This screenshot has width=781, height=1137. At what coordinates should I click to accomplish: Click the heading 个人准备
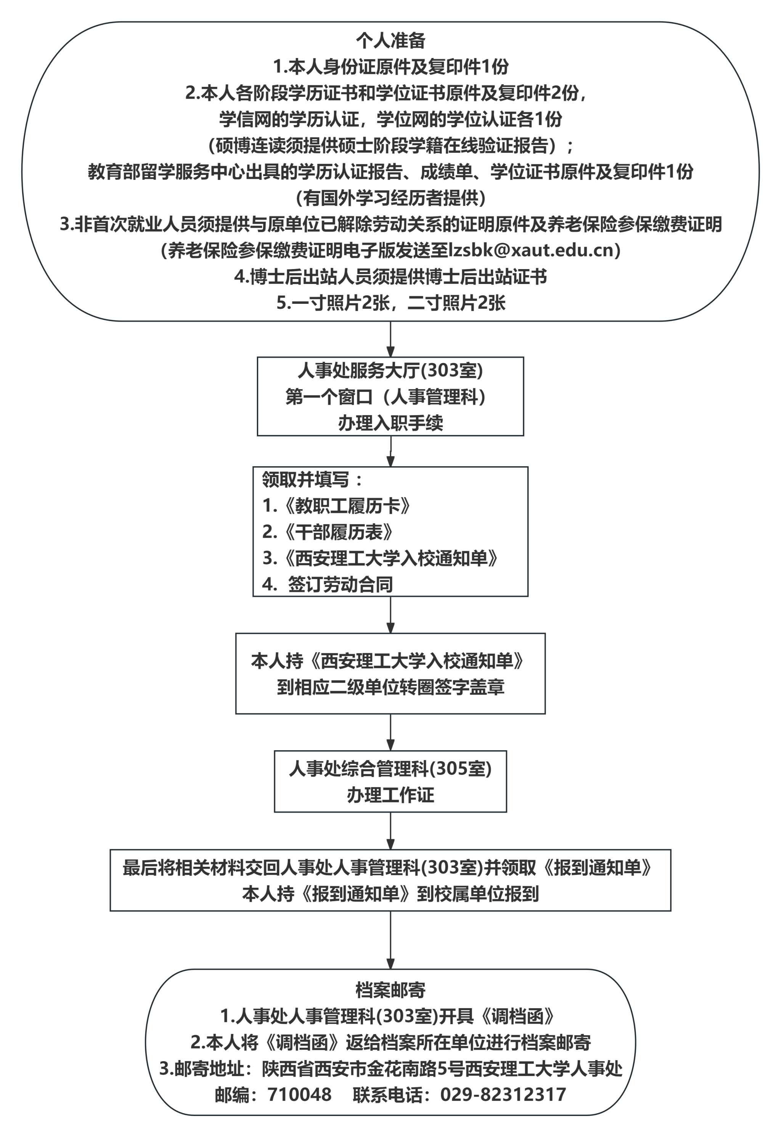[390, 41]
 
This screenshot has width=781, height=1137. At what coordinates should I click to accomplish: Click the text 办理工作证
[390, 795]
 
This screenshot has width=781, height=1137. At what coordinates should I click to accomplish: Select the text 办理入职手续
[390, 423]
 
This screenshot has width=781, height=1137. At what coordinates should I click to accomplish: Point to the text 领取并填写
[306, 480]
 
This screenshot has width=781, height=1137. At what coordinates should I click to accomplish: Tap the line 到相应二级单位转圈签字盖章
[390, 687]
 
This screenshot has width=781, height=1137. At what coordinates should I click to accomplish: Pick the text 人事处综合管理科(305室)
[390, 769]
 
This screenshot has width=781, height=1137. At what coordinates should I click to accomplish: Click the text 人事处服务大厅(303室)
[390, 370]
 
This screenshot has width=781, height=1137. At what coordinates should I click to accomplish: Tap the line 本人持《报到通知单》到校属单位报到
[390, 894]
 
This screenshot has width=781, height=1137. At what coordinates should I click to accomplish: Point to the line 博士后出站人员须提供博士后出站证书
[390, 277]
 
